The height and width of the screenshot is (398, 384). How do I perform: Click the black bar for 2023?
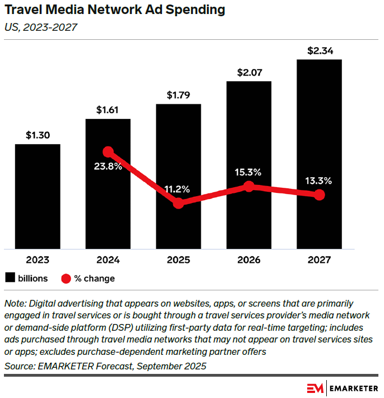(x=38, y=196)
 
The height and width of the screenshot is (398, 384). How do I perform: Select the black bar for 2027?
(x=319, y=154)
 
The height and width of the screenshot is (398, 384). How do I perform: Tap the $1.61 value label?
(x=108, y=110)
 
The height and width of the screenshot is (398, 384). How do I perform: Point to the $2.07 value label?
(x=249, y=72)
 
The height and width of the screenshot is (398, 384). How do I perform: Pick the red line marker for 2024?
(x=108, y=152)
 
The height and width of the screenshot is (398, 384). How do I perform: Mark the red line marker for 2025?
(x=178, y=203)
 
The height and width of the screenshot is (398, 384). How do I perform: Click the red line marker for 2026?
(x=249, y=187)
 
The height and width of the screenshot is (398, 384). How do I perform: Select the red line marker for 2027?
(x=319, y=195)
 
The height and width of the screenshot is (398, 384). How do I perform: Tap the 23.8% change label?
(x=108, y=166)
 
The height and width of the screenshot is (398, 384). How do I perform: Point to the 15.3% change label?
(x=249, y=172)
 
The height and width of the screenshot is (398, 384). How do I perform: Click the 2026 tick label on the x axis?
(x=249, y=260)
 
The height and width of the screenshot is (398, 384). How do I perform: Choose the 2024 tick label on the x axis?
(x=108, y=260)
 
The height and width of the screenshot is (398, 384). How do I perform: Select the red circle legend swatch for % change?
(x=66, y=279)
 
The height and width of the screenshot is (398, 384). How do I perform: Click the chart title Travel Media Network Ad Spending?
(x=115, y=10)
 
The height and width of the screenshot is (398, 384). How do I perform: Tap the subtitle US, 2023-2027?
(x=40, y=27)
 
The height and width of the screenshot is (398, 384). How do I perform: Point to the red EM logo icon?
(x=315, y=388)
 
